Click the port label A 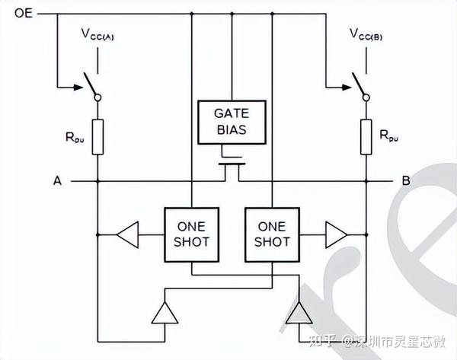(56, 181)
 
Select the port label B (404, 181)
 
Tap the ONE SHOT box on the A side (190, 234)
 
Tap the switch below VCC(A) (95, 85)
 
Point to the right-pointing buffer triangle (334, 234)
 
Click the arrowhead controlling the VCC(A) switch (80, 85)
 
